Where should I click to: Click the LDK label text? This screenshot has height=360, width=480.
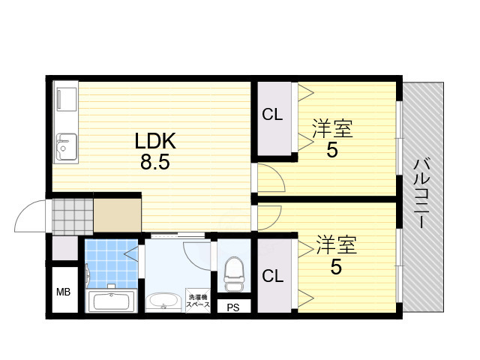click(154, 140)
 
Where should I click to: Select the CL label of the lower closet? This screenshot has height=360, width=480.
click(272, 275)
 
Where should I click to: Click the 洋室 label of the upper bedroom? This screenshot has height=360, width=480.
click(332, 128)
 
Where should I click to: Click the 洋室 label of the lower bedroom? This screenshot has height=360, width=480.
click(336, 245)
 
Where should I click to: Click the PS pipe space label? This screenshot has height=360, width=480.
click(233, 306)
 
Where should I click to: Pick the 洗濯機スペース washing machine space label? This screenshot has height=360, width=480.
click(198, 299)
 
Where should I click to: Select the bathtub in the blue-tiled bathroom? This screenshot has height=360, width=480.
click(109, 301)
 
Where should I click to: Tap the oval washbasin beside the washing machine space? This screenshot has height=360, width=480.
click(161, 301)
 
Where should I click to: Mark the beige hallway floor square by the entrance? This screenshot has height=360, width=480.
click(117, 214)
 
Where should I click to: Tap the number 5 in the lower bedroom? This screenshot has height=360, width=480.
click(336, 267)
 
